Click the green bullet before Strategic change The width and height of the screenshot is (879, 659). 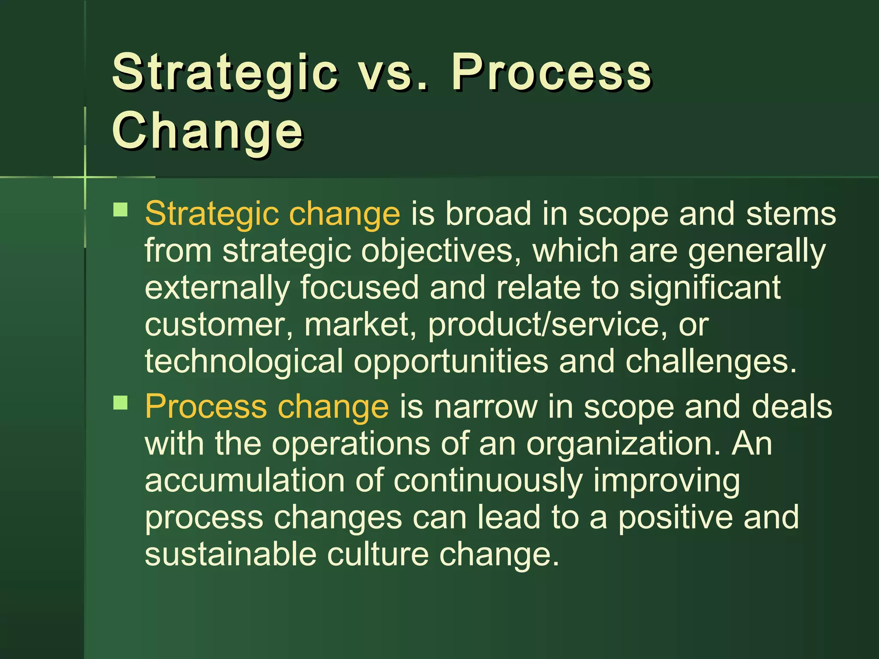click(x=121, y=210)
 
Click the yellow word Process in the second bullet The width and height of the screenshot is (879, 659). click(x=206, y=407)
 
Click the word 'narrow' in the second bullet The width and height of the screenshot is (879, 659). click(x=485, y=406)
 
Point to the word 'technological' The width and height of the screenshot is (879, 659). click(x=244, y=362)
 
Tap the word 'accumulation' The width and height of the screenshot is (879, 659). click(x=245, y=480)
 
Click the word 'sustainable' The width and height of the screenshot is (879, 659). click(x=230, y=554)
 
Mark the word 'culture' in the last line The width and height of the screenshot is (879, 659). click(x=378, y=554)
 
